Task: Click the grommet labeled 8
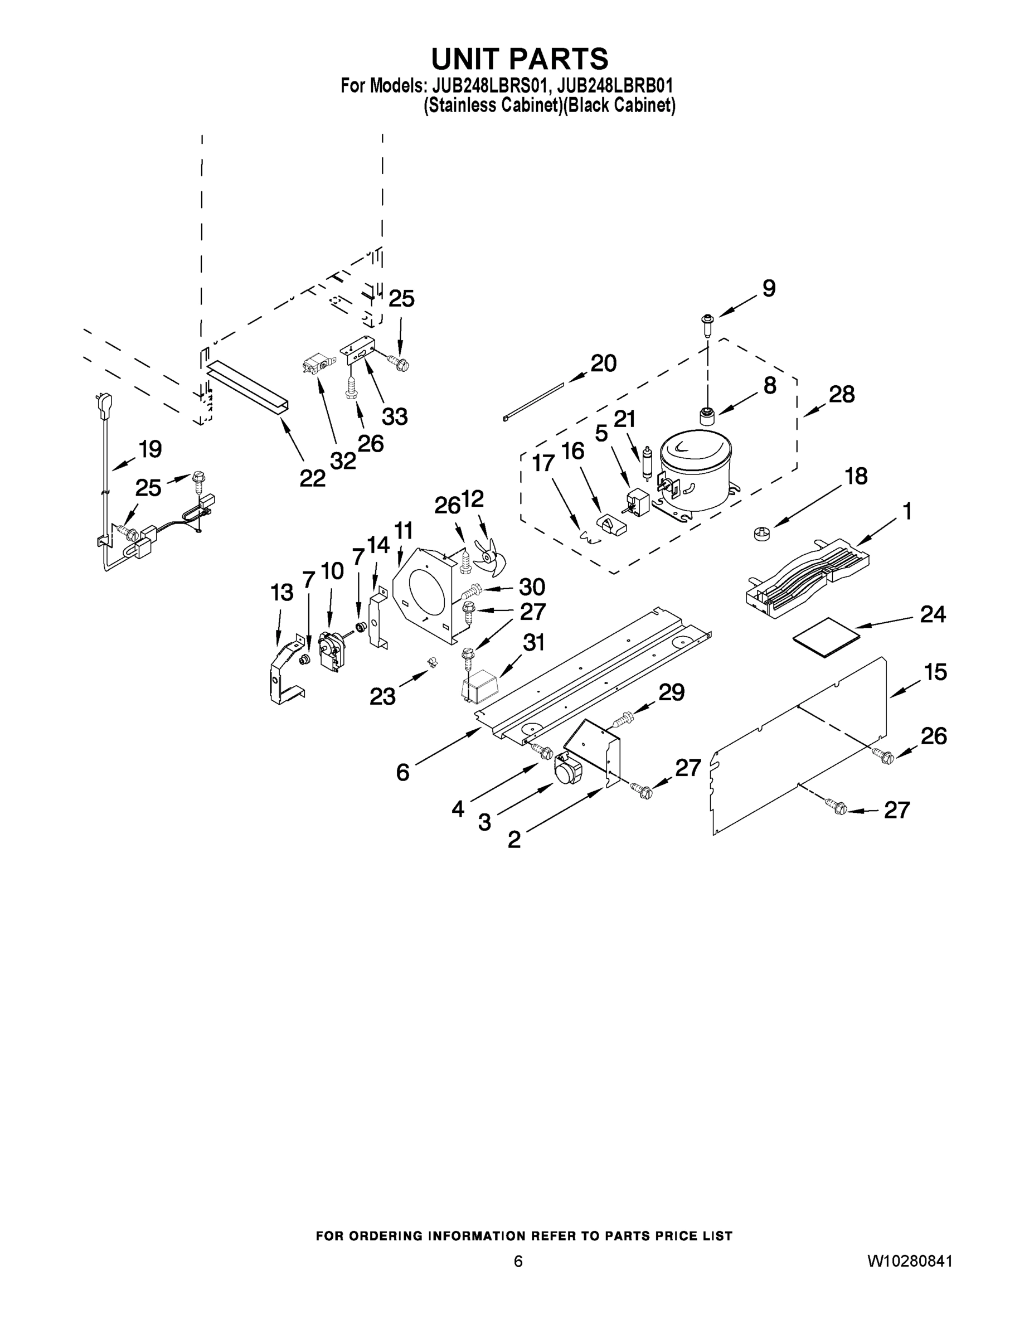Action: pyautogui.click(x=708, y=416)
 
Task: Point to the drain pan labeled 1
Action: pyautogui.click(x=809, y=574)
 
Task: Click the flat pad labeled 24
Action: pyautogui.click(x=826, y=637)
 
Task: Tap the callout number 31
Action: pyautogui.click(x=533, y=642)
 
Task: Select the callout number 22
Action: pyautogui.click(x=312, y=478)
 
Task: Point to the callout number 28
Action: pyautogui.click(x=842, y=395)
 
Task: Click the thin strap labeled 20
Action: pyautogui.click(x=533, y=401)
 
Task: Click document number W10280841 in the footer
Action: pyautogui.click(x=910, y=1261)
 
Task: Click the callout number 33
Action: pyautogui.click(x=395, y=416)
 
